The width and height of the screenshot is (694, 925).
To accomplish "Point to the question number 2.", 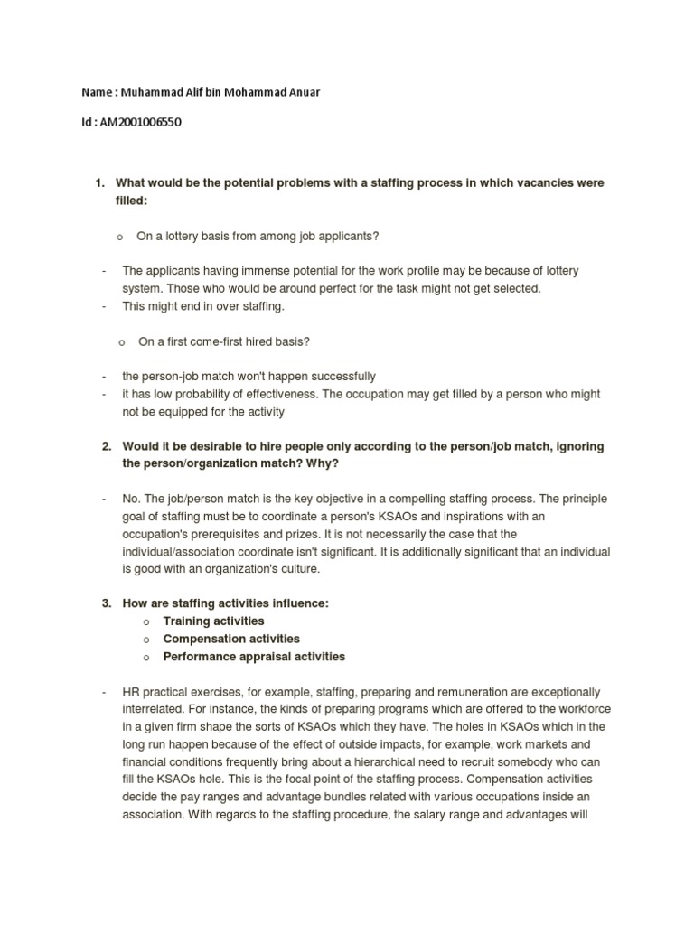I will [x=106, y=446].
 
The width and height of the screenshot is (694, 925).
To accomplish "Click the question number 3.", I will [x=106, y=604].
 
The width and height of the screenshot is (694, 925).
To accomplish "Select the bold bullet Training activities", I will [x=213, y=621].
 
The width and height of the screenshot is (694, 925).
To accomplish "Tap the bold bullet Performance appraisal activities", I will [x=254, y=657].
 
